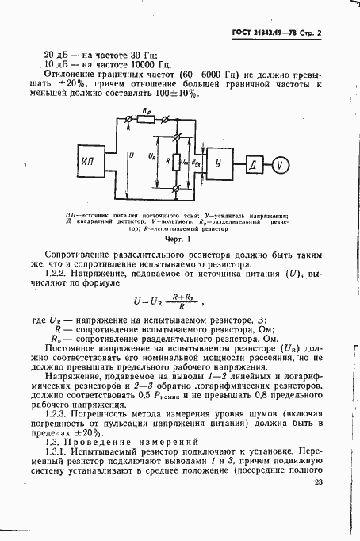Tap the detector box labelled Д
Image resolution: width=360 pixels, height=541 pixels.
[x=254, y=165]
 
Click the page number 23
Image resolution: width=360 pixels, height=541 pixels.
[x=320, y=482]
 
